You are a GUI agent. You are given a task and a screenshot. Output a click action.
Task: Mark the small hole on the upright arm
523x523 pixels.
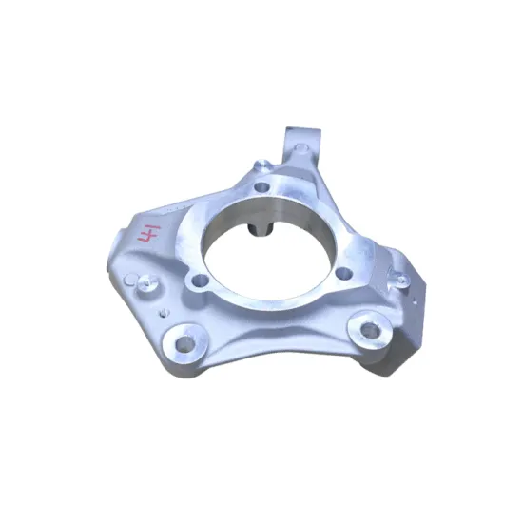tap(301, 148)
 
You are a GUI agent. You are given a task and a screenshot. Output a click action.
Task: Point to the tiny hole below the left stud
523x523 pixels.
tap(164, 309)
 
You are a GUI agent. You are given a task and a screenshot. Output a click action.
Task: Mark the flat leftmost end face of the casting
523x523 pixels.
tap(117, 249)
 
